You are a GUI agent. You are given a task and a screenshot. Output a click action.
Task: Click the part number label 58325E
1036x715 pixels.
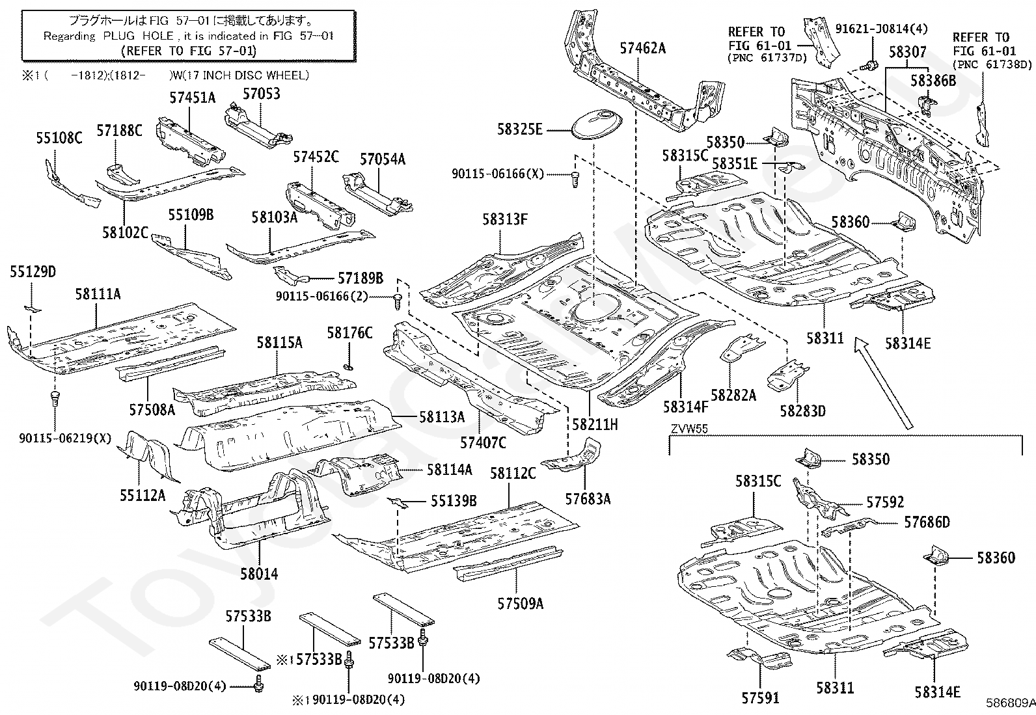[x=519, y=129]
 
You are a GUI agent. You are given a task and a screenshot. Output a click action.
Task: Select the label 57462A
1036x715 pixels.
[x=642, y=48]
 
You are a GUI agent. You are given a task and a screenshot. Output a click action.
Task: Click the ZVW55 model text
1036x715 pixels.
[x=689, y=428]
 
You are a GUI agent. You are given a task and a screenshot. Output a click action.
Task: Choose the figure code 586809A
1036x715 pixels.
[x=1009, y=703]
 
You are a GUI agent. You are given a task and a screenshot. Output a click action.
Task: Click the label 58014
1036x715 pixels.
[x=259, y=573]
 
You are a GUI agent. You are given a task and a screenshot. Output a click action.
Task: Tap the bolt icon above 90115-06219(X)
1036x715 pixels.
[x=55, y=398]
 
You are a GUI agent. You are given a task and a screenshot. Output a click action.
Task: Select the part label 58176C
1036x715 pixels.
[x=349, y=333]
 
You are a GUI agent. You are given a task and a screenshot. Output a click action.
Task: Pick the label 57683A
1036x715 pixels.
[x=588, y=498]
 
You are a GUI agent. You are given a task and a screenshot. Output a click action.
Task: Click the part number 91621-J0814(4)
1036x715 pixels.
[x=881, y=29]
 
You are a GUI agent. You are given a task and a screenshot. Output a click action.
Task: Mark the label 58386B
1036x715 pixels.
[x=933, y=81]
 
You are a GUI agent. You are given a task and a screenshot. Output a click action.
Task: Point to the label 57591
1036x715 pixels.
[x=760, y=698]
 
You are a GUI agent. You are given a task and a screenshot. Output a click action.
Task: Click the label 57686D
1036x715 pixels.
[x=927, y=522]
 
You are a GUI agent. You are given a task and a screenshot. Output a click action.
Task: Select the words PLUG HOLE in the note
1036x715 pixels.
[x=128, y=36]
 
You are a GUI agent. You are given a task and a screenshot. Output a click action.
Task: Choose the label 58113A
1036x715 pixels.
[x=442, y=416]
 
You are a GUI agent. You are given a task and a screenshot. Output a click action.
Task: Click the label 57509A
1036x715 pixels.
[x=520, y=603]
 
